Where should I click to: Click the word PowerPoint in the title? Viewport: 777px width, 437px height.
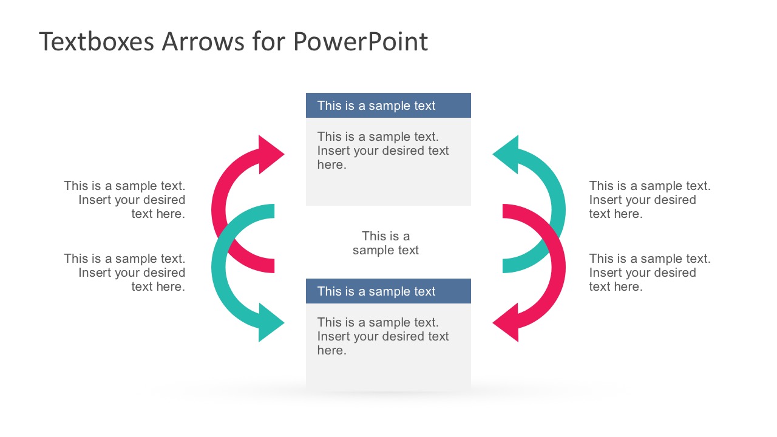(360, 42)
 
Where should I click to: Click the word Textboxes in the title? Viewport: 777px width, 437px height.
(96, 42)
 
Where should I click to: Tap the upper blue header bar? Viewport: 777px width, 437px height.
(388, 106)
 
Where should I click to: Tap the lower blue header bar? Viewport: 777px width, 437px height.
(388, 291)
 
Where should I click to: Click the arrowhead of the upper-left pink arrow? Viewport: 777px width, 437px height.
(270, 155)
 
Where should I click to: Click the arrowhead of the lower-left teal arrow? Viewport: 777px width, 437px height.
(270, 322)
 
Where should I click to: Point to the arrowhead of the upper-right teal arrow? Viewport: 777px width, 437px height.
(507, 155)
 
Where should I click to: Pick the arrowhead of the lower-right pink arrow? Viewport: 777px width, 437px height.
(507, 322)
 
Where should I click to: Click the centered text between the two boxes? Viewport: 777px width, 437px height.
(386, 243)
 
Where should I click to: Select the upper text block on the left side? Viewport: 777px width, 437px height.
(125, 200)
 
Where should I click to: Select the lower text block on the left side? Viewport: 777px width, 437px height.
(125, 273)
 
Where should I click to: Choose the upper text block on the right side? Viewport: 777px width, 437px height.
(650, 200)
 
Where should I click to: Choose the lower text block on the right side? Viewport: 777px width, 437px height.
(650, 273)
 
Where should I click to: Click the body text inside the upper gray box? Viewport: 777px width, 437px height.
(382, 151)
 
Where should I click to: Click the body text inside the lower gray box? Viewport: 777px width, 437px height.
(382, 336)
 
